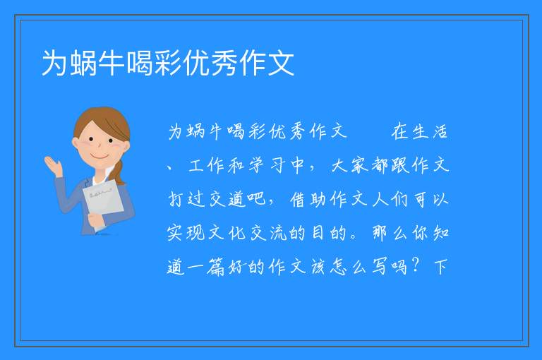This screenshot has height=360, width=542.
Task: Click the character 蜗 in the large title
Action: point(84,63)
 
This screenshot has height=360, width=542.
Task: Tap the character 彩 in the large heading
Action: point(169,63)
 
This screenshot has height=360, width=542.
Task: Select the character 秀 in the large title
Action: point(225,63)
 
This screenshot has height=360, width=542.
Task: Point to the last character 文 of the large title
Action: point(281,63)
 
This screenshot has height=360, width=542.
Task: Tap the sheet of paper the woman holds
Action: point(103,202)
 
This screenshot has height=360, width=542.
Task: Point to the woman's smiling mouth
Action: point(100,157)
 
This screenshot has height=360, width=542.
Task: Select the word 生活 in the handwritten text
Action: point(430,131)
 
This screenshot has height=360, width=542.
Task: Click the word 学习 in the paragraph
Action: point(267,165)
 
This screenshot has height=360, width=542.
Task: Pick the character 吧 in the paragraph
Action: point(256,199)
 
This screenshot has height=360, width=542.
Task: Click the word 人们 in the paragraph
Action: point(390,199)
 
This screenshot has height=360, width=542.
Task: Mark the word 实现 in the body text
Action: point(186,233)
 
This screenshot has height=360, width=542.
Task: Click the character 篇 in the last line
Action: point(215,267)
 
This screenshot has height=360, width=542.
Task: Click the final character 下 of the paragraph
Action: point(440,267)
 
